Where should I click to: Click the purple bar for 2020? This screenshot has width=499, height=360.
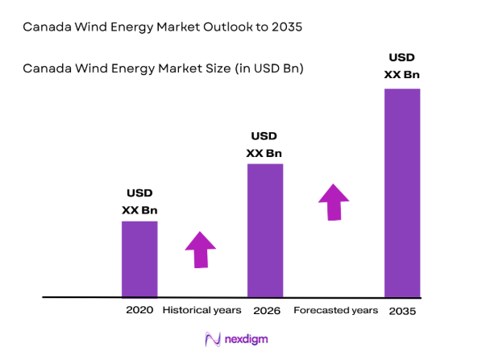click(x=139, y=259)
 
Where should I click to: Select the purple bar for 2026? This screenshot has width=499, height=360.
click(x=264, y=230)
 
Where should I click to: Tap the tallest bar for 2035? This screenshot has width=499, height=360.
click(x=402, y=192)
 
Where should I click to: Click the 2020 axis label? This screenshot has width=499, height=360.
click(x=139, y=310)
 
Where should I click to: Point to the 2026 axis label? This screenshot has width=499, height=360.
click(x=265, y=310)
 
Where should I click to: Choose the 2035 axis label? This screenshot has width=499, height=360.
click(x=403, y=311)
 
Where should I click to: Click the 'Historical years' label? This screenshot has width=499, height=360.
click(x=202, y=310)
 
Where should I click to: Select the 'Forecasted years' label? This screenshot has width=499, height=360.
click(x=335, y=310)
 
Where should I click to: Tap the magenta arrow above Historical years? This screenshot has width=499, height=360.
click(x=201, y=250)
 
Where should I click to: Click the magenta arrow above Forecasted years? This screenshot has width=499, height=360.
click(x=333, y=201)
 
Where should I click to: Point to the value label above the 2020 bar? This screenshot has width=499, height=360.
click(x=139, y=201)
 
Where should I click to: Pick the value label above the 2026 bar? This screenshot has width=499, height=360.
click(x=264, y=144)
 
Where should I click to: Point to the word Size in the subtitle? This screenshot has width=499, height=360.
click(x=213, y=68)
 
